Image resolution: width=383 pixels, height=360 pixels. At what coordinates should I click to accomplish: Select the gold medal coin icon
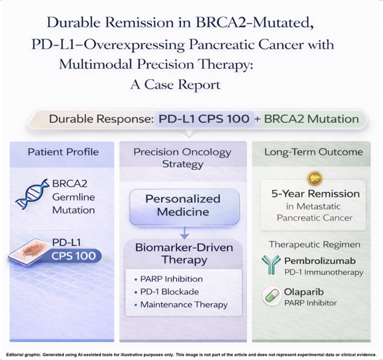click(315, 178)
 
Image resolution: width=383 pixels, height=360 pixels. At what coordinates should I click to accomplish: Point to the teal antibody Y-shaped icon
click(271, 265)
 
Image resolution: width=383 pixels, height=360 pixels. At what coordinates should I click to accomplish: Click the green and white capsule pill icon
click(272, 295)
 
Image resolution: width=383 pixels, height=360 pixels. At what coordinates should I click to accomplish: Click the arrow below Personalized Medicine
click(185, 233)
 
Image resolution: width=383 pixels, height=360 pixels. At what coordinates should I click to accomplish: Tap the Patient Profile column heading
click(63, 152)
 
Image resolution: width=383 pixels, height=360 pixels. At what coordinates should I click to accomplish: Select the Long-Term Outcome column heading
click(314, 152)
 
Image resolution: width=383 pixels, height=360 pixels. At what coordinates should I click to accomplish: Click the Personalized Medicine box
click(184, 207)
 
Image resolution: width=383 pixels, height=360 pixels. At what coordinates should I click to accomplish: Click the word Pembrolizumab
click(320, 261)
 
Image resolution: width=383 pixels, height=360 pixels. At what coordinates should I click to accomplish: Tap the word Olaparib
click(304, 292)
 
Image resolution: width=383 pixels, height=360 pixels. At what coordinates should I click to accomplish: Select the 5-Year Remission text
click(316, 194)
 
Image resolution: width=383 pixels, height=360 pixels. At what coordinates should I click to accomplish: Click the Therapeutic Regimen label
click(315, 244)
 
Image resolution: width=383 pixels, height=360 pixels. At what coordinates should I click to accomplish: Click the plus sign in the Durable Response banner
click(258, 119)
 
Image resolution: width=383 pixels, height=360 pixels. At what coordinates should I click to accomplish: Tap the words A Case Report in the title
click(175, 85)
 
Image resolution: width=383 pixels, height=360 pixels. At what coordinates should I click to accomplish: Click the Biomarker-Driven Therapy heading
click(184, 253)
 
